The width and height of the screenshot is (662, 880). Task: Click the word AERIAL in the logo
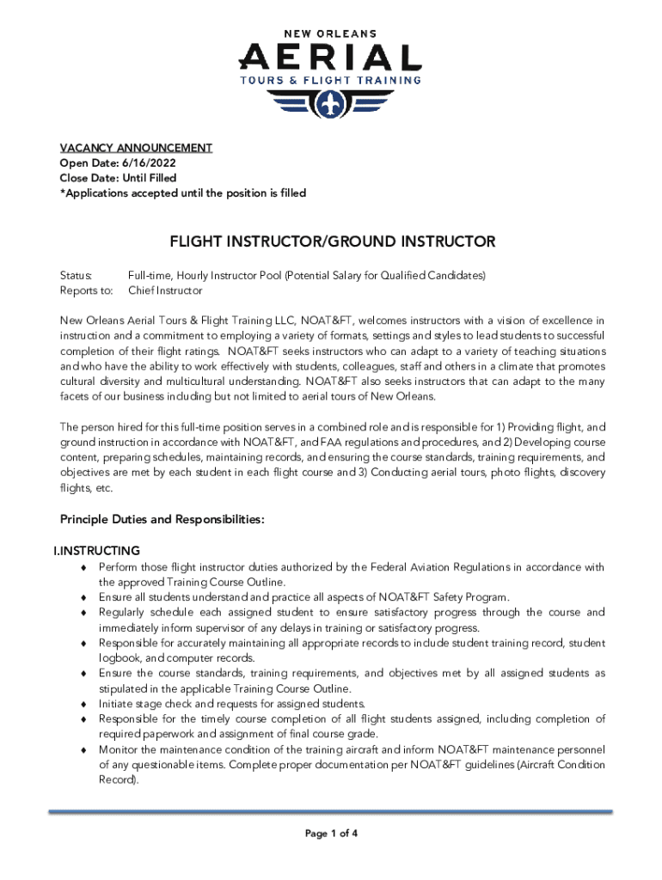pyautogui.click(x=330, y=58)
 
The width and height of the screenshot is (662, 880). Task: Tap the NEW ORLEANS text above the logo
pyautogui.click(x=330, y=33)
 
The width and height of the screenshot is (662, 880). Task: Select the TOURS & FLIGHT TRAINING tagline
pyautogui.click(x=330, y=81)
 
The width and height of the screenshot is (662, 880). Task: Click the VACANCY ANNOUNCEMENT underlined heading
pyautogui.click(x=136, y=148)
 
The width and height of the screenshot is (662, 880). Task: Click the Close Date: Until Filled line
pyautogui.click(x=118, y=178)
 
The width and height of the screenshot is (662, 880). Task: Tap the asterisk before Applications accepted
pyautogui.click(x=62, y=192)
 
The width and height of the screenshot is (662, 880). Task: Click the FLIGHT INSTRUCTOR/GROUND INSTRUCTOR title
pyautogui.click(x=332, y=241)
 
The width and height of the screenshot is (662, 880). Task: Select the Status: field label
pyautogui.click(x=76, y=276)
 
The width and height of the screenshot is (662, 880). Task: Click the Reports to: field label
pyautogui.click(x=86, y=290)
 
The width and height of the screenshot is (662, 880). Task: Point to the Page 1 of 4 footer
pyautogui.click(x=331, y=834)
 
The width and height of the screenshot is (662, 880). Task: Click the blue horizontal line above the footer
pyautogui.click(x=331, y=811)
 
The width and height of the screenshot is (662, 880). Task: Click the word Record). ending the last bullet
pyautogui.click(x=118, y=779)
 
